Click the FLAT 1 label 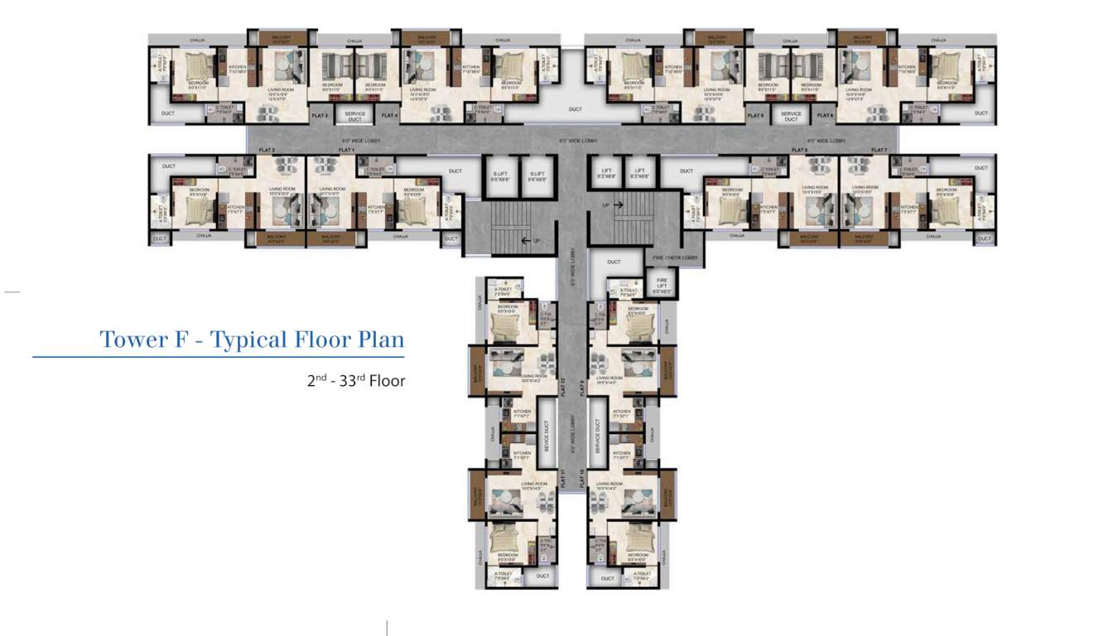pos(346,150)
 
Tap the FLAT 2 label pos(267,150)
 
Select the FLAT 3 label pos(320,116)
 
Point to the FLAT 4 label pos(389,116)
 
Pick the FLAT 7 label pos(879,150)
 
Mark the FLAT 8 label pos(799,150)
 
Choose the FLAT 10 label pos(583,478)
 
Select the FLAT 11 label pos(562,478)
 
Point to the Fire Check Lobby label pos(675,258)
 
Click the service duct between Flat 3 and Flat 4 pos(354,116)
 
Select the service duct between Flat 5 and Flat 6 pos(791,116)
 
